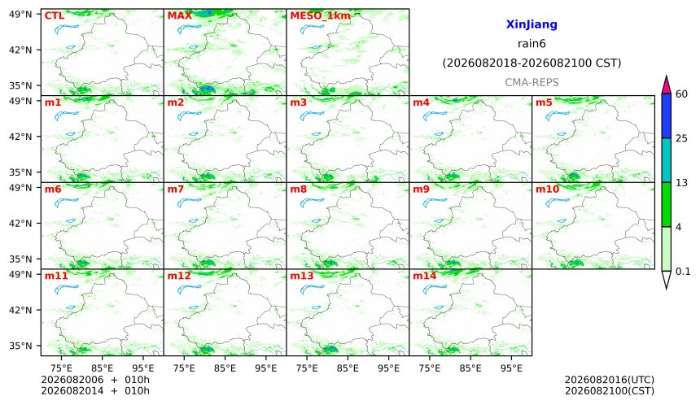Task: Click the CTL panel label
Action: coord(55,15)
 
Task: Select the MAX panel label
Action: coord(179,15)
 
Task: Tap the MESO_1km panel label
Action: coord(320,15)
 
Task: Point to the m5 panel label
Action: coord(544,102)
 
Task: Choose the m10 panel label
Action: coord(547,189)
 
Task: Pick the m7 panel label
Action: coord(176,189)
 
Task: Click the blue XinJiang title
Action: coord(532,24)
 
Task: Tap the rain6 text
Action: coord(532,44)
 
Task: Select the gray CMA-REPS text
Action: coord(532,82)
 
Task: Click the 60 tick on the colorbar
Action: coord(682,94)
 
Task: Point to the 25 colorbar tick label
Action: coord(682,138)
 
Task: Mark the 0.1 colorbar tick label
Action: coord(683,271)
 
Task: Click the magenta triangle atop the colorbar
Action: coord(667,86)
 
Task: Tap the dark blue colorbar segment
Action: coord(667,116)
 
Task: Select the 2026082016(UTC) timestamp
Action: coord(610,380)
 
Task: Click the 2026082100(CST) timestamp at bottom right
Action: coord(610,391)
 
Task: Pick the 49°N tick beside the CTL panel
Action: coord(20,15)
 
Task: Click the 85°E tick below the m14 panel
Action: coord(470,368)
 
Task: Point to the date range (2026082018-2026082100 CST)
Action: coord(532,63)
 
